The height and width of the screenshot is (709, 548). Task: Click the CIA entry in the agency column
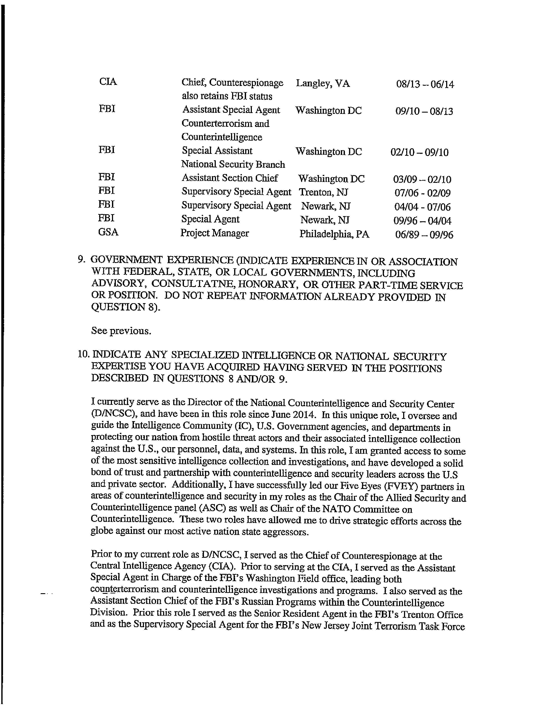(108, 81)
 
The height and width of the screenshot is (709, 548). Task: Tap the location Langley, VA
(323, 84)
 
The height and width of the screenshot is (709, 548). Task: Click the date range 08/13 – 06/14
(425, 84)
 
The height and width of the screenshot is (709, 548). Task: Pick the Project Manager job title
(215, 233)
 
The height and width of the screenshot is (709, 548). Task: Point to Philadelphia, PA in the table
(334, 234)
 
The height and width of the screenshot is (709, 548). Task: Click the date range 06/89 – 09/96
(424, 235)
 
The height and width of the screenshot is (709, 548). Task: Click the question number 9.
(81, 260)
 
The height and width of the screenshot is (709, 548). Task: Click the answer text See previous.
(121, 331)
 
